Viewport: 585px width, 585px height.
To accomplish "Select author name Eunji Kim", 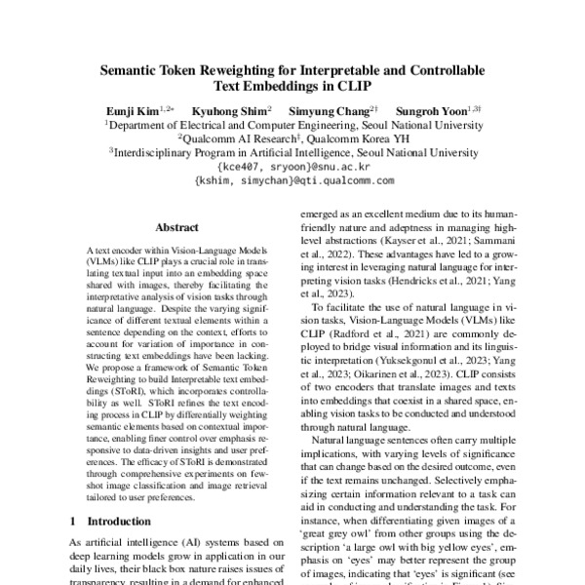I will click(133, 111).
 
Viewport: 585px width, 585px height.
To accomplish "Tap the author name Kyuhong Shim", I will click(229, 111).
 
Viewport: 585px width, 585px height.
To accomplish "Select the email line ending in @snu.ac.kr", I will click(292, 167).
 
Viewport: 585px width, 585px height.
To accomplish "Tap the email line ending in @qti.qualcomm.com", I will click(293, 181).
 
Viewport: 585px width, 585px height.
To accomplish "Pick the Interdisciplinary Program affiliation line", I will click(292, 153).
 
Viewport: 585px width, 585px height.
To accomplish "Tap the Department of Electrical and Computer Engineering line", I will click(292, 125).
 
